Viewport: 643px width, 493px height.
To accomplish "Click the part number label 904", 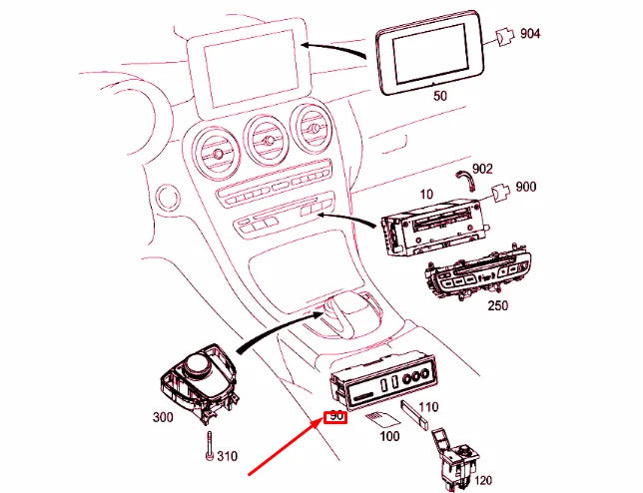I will [530, 34].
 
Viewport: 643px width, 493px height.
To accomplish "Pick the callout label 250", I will [496, 306].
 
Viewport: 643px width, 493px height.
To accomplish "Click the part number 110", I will [427, 406].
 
